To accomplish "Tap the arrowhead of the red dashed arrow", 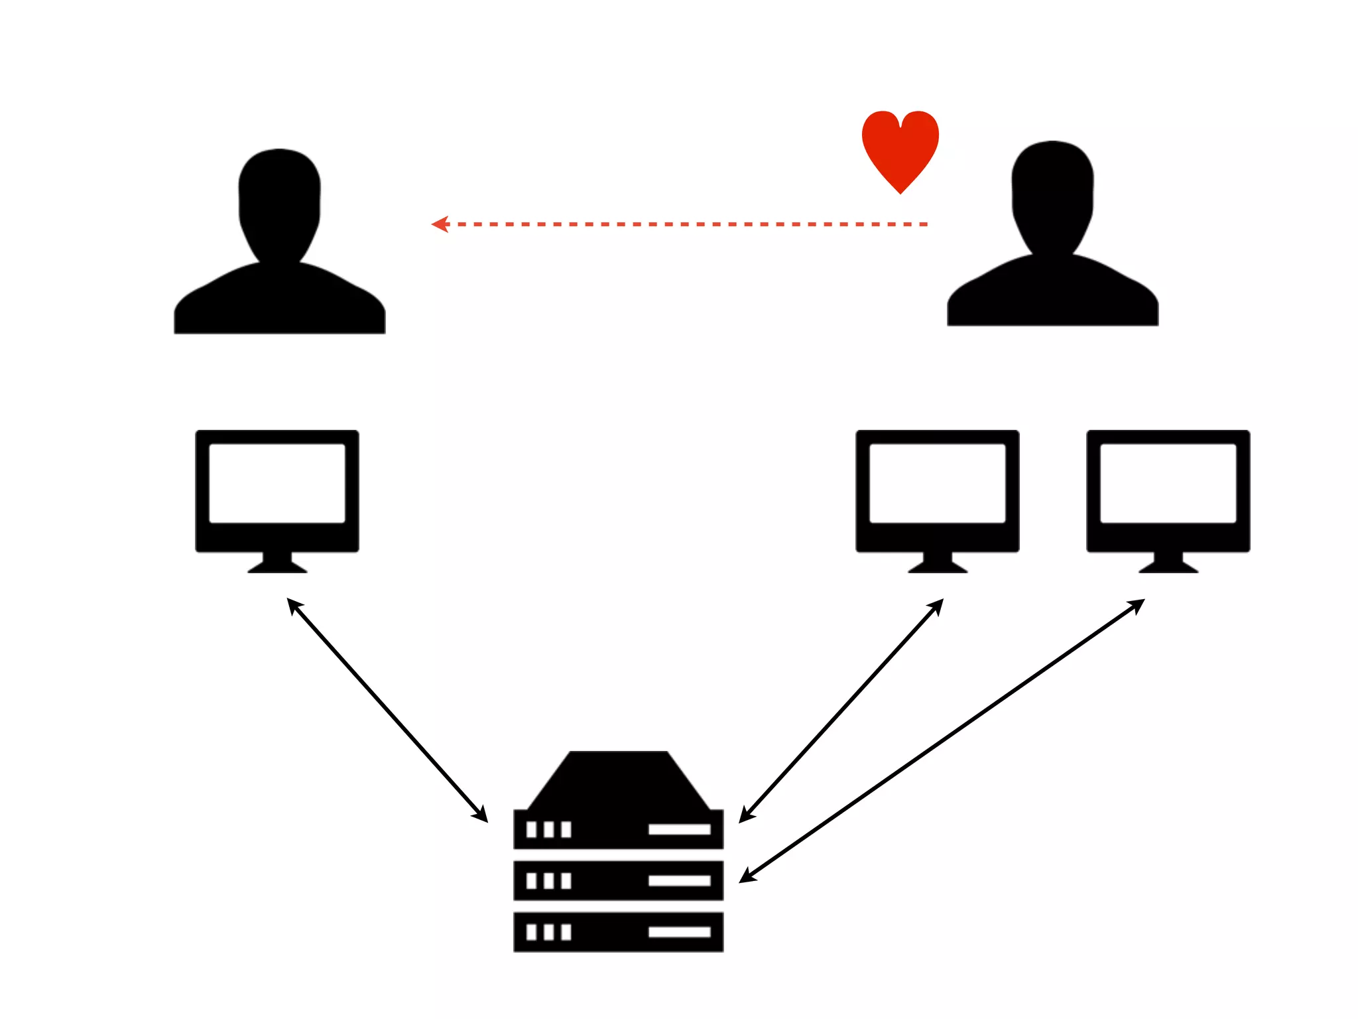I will point(440,224).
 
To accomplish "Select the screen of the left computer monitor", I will point(277,483).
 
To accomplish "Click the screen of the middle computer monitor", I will point(937,483).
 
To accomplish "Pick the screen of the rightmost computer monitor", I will point(1168,483).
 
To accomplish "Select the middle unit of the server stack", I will point(618,880).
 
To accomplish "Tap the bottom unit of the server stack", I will point(618,932).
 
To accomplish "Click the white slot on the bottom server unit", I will point(679,932).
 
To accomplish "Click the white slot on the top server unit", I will point(679,829).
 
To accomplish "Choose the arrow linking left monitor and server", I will point(387,710).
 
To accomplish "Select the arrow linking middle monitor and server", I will point(841,711).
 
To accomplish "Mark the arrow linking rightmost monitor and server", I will point(942,740).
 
